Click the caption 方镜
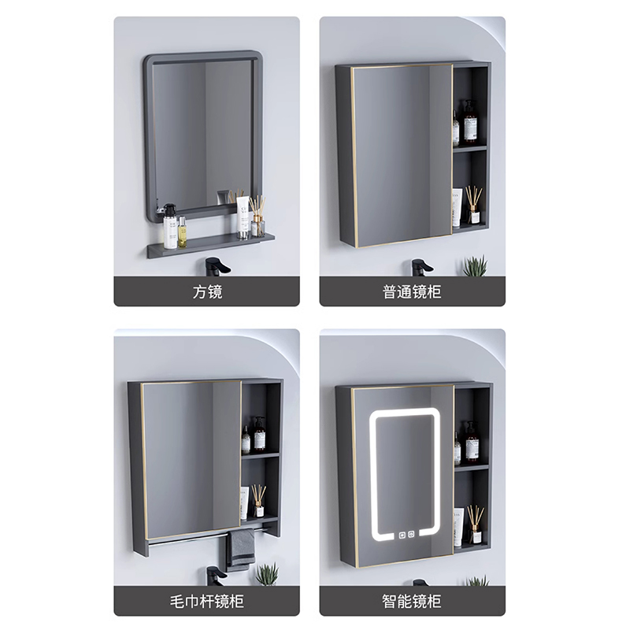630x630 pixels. [207, 291]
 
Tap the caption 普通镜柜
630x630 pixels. [412, 291]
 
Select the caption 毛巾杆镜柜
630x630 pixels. [206, 601]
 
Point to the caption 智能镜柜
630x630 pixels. [412, 601]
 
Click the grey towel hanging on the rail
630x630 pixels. [241, 548]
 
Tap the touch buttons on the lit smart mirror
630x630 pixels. [406, 535]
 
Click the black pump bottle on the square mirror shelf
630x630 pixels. [169, 226]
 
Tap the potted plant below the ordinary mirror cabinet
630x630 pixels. [476, 265]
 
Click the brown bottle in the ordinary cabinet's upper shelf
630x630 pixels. [470, 124]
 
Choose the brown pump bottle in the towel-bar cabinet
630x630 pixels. [259, 435]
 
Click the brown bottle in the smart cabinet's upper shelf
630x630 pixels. [472, 443]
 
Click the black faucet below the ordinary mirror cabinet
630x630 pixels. [421, 267]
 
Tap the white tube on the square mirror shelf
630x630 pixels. [243, 217]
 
